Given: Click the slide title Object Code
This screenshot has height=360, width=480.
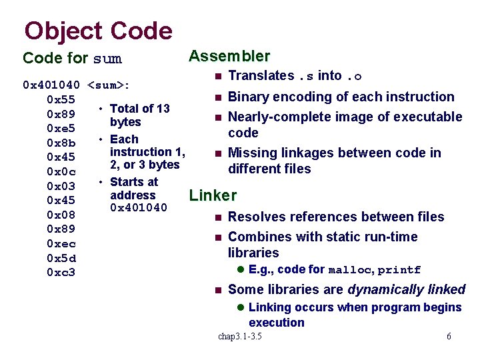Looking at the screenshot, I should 98,31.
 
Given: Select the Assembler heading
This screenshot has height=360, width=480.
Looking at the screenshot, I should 229,56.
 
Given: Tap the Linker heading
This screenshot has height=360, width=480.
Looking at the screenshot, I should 213,195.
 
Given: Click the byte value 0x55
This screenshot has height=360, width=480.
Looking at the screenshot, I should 61,99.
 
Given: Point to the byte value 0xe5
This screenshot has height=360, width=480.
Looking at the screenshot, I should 61,128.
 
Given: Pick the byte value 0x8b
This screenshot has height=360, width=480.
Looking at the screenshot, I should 61,143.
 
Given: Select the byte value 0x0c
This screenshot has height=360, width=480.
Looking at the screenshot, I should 61,171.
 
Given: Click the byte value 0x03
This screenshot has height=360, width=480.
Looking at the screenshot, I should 61,186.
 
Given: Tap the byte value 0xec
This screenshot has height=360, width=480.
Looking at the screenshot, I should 61,244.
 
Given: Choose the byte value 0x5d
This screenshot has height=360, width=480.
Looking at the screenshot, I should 61,258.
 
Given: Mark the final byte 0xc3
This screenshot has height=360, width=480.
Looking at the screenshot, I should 61,273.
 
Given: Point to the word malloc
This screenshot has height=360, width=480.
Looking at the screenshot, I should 351,270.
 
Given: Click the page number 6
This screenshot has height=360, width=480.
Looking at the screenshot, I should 449,337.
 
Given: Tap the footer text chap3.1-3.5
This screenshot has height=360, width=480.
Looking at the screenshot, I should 240,337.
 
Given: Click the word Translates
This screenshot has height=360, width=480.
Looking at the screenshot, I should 261,76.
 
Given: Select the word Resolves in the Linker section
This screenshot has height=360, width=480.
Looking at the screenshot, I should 256,217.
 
